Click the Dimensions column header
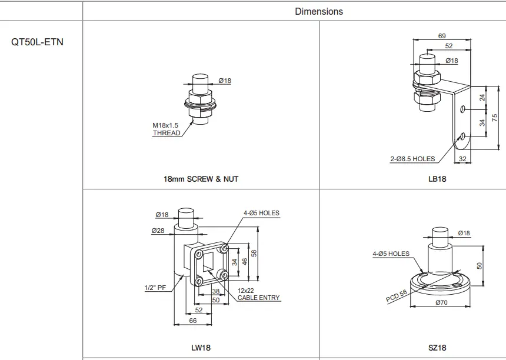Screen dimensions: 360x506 point(319,11)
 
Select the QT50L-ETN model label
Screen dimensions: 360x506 point(38,43)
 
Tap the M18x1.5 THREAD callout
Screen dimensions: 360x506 point(166,129)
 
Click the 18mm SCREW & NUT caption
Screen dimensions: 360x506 point(201,179)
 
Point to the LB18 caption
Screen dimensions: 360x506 point(437,179)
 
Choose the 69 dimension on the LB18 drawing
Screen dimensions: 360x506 point(442,36)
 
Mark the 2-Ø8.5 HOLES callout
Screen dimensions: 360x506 point(412,159)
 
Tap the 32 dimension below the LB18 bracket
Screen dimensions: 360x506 point(462,159)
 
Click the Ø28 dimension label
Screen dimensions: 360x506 point(158,231)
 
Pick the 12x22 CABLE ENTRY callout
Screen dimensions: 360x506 point(259,294)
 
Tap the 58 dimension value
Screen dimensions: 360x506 point(254,253)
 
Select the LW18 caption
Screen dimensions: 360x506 point(201,348)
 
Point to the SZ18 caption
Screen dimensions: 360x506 point(437,348)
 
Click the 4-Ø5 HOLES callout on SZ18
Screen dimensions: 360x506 point(391,254)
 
